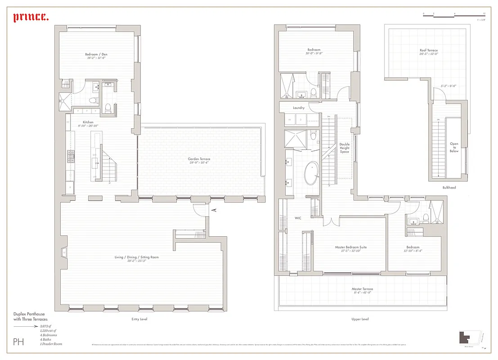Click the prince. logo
[31, 18]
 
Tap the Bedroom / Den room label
[96, 55]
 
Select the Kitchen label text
[88, 122]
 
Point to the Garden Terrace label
[199, 159]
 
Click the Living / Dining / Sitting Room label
[136, 257]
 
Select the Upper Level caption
[360, 319]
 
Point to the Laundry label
[299, 108]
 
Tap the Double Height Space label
[345, 148]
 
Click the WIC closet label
[298, 218]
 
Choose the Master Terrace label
[362, 289]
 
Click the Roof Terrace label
[428, 50]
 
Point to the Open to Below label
[454, 148]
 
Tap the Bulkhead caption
[449, 188]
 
